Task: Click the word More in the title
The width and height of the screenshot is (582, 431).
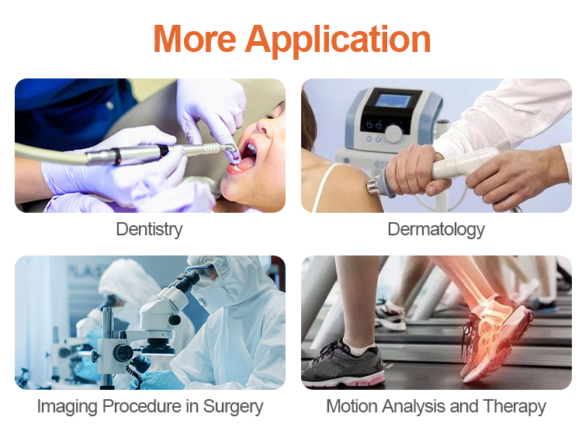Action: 195,39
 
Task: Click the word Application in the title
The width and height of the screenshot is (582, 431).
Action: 338,41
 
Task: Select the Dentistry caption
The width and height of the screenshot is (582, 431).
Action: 149,229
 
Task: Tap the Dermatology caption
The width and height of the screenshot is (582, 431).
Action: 436,229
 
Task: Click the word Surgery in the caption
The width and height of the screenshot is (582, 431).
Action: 233,406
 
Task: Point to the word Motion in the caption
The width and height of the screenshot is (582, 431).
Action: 352,405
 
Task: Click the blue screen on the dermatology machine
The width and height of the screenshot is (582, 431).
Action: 393,101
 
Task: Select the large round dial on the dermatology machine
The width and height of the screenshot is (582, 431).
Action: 393,133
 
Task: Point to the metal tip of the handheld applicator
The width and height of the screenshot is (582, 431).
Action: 372,186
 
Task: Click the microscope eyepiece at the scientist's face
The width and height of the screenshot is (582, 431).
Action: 190,280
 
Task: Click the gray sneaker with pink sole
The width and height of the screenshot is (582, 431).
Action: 342,365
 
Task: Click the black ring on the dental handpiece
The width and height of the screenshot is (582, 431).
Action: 116,156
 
